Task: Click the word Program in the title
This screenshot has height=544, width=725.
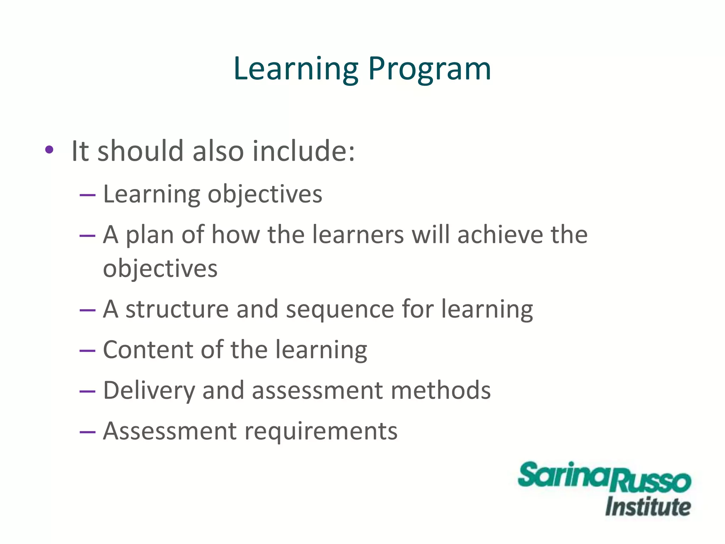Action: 429,69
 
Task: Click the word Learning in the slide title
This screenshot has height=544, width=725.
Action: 296,69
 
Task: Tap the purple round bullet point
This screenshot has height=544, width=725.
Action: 49,150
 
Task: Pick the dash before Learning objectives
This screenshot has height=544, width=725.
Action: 88,195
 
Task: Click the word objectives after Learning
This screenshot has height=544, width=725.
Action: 265,195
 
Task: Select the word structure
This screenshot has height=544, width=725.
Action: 177,310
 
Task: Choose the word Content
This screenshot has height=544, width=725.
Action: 148,350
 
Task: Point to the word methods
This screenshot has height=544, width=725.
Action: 441,390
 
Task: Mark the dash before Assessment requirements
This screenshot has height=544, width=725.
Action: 88,432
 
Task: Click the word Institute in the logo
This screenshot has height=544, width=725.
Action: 648,507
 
